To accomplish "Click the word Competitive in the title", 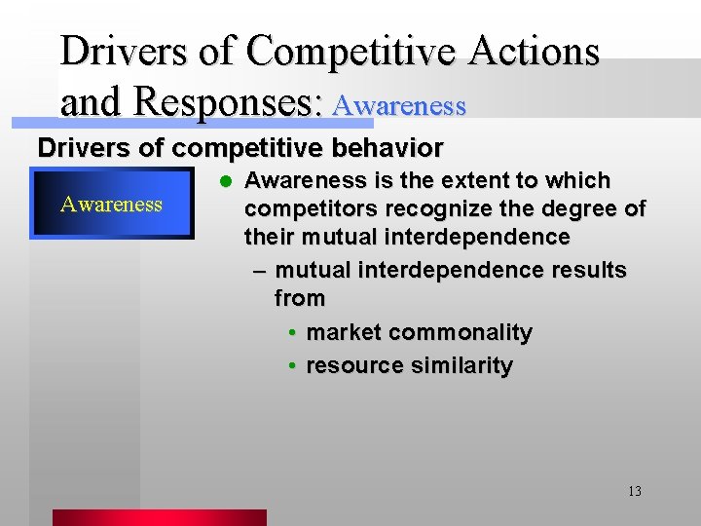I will pos(350,51).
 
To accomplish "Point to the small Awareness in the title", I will pos(398,105).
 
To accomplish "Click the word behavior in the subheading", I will pos(385,148).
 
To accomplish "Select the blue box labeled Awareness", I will pos(111,205).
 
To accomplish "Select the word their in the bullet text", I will pos(270,237).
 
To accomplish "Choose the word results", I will pos(585,270).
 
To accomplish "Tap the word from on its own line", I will pos(299,298).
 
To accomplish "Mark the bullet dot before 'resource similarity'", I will pos(292,366).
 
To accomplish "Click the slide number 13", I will pos(634,491).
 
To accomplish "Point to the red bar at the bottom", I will pos(159,517).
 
